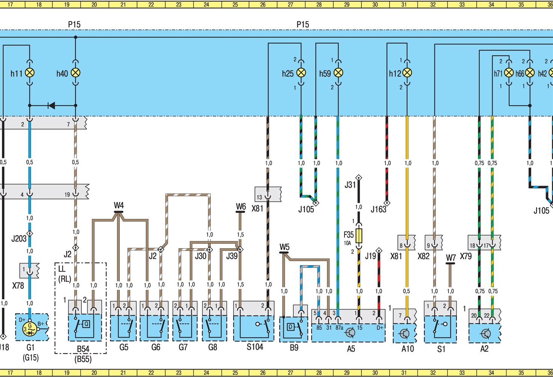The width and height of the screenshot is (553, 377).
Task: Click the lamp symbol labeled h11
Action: pyautogui.click(x=30, y=73)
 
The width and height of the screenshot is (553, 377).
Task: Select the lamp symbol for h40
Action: pyautogui.click(x=76, y=73)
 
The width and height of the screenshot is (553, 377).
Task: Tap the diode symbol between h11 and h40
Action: pyautogui.click(x=51, y=106)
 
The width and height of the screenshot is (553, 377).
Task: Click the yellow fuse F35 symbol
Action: pyautogui.click(x=359, y=235)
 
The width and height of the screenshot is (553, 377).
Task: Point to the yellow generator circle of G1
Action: pyautogui.click(x=29, y=329)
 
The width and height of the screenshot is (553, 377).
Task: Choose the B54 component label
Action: pyautogui.click(x=83, y=349)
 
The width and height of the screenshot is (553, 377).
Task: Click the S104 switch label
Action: pyautogui.click(x=255, y=347)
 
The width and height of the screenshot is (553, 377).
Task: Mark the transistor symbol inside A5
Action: pyautogui.click(x=350, y=332)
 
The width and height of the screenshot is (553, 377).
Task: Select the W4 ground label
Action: pyautogui.click(x=119, y=205)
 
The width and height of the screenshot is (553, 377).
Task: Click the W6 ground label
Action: pyautogui.click(x=241, y=207)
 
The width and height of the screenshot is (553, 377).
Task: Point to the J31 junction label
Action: pyautogui.click(x=350, y=185)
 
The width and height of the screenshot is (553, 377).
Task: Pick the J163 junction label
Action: pyautogui.click(x=378, y=210)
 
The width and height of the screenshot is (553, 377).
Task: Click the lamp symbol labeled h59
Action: pyautogui.click(x=338, y=73)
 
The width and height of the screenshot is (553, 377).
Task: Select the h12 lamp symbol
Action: pyautogui.click(x=407, y=73)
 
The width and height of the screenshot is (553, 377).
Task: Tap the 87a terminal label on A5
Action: pyautogui.click(x=339, y=327)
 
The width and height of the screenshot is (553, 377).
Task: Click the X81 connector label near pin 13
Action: pyautogui.click(x=257, y=208)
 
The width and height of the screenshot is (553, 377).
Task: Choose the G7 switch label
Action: pyautogui.click(x=183, y=347)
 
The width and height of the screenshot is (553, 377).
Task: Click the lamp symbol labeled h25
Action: pyautogui.click(x=301, y=73)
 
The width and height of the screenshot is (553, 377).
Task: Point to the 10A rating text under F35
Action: pyautogui.click(x=348, y=243)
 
